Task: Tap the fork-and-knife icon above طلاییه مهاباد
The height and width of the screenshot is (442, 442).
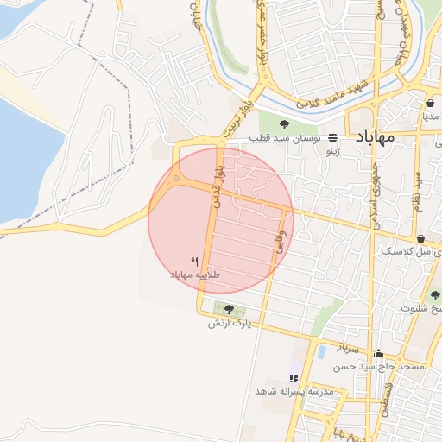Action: (195, 262)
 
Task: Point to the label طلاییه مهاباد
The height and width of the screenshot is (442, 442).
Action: (195, 275)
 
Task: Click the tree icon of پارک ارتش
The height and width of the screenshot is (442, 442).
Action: (229, 309)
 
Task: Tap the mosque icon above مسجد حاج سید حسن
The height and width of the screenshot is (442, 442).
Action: (378, 354)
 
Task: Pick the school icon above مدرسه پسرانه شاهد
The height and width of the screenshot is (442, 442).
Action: (294, 378)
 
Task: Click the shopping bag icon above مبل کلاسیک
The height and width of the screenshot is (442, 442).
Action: (420, 239)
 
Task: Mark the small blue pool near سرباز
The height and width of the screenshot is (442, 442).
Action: (321, 351)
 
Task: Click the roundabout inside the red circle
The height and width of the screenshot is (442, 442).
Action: (177, 180)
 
